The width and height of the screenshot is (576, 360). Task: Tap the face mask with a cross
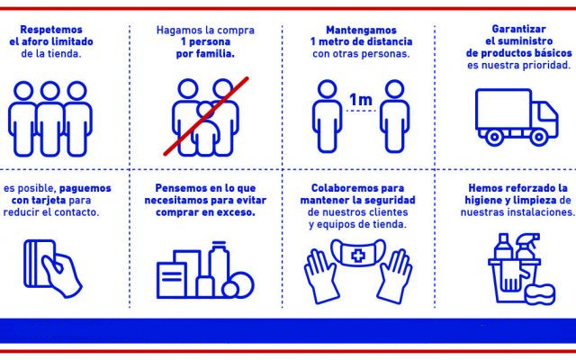(x=359, y=256)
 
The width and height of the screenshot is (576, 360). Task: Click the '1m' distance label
(x=360, y=98)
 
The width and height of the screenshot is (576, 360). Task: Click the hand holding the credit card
(x=58, y=270)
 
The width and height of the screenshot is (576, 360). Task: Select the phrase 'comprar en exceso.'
(x=206, y=213)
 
